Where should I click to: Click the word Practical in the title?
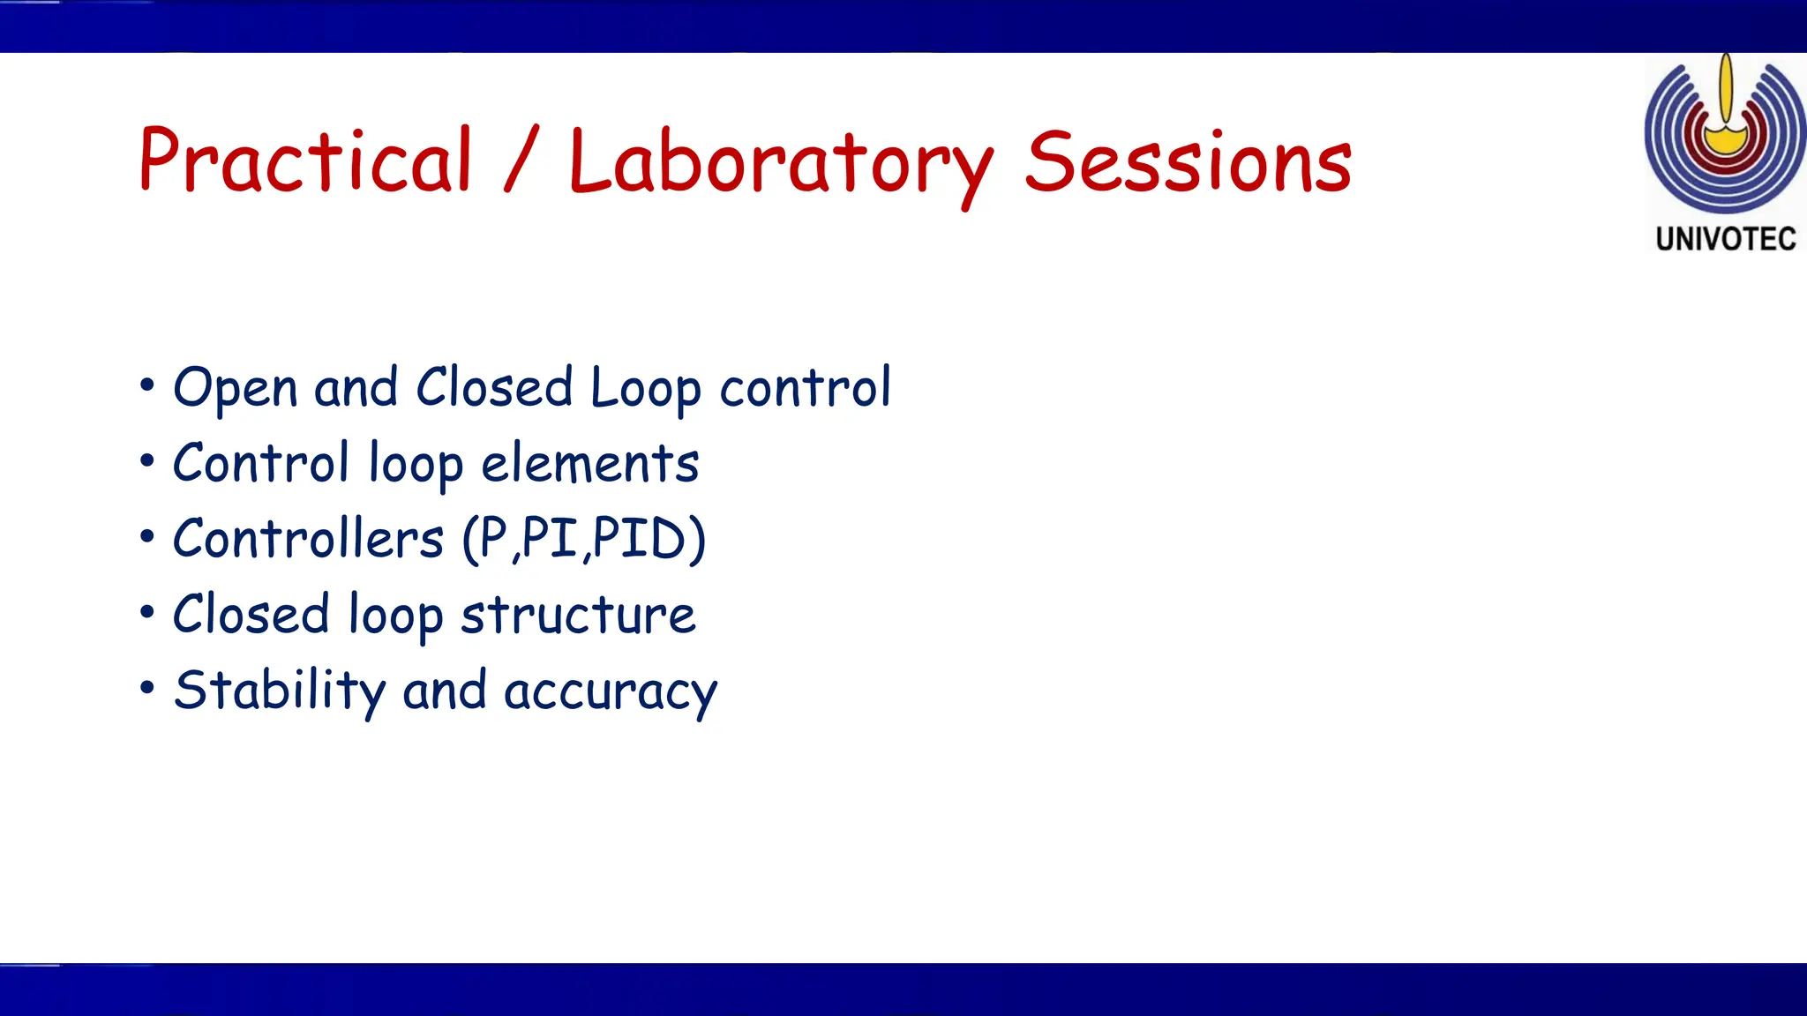point(305,161)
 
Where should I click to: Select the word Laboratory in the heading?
point(780,163)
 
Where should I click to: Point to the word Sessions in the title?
point(1188,162)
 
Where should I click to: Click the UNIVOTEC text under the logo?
point(1726,239)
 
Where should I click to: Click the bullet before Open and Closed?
point(147,385)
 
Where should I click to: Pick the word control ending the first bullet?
point(805,388)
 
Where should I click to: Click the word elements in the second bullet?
point(589,464)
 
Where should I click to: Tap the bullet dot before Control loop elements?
point(147,461)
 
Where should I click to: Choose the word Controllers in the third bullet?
point(308,539)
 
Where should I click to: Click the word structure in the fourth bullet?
point(578,615)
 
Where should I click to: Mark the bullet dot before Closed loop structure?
point(147,612)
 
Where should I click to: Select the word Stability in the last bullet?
point(280,691)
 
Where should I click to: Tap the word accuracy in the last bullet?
point(611,692)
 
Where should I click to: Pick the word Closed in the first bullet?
point(494,387)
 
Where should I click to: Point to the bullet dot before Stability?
point(147,688)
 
